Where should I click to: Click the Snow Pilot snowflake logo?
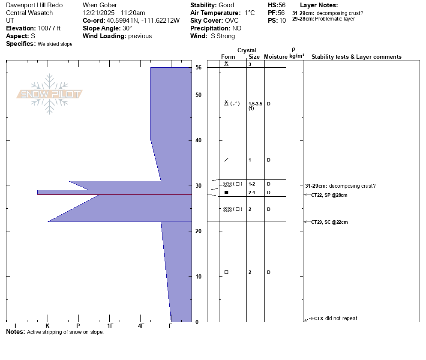coord(49,94)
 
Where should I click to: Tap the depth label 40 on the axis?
coord(198,140)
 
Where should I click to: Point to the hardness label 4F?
coord(141,326)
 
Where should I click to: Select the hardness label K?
coord(48,326)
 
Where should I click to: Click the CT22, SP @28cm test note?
coord(329,195)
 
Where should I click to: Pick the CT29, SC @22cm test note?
coord(329,222)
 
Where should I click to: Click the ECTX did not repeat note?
coord(334,318)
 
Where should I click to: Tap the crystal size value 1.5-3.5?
coord(255,104)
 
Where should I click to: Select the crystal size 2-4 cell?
coord(252,192)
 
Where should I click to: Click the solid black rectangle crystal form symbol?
coord(226,192)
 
